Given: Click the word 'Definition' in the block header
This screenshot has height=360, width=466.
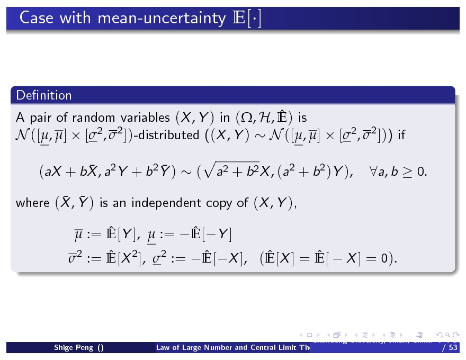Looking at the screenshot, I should pyautogui.click(x=44, y=95).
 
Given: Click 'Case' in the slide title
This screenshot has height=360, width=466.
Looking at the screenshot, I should pyautogui.click(x=37, y=19).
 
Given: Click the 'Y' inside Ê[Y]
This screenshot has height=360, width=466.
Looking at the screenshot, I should pyautogui.click(x=126, y=233).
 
